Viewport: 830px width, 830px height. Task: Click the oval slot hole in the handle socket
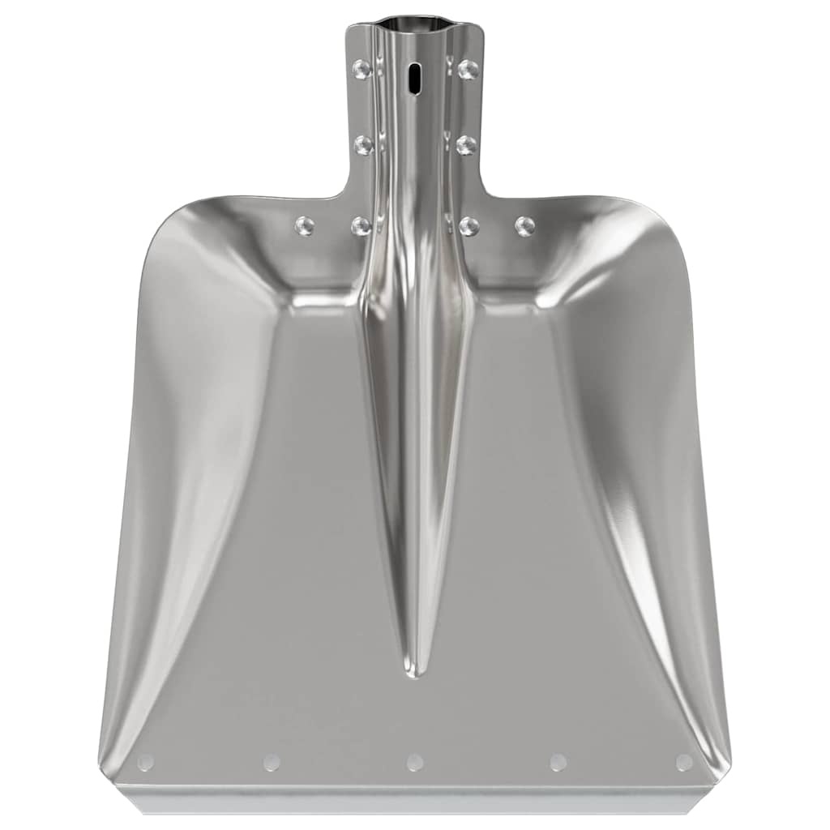click(x=415, y=79)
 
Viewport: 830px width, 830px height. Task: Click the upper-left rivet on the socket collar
click(x=362, y=69)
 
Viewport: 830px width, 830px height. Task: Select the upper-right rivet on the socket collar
click(x=468, y=69)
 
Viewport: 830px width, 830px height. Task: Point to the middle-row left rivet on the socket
click(x=364, y=145)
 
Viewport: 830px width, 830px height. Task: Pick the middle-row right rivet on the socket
click(x=466, y=145)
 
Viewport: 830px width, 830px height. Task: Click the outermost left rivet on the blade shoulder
click(x=305, y=225)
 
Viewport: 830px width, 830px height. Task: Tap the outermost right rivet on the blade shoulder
click(x=525, y=225)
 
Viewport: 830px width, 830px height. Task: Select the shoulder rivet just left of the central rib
click(x=362, y=226)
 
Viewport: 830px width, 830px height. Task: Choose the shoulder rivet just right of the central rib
click(x=468, y=226)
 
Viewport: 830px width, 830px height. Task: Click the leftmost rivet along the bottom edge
click(x=146, y=762)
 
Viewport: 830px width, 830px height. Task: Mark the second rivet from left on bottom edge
click(x=272, y=762)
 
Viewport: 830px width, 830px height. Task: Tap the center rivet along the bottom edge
click(x=415, y=762)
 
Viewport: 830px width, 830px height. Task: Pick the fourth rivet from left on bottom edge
click(x=558, y=762)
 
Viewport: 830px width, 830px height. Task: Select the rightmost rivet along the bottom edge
click(x=684, y=762)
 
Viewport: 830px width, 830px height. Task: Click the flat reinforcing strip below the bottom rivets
click(x=415, y=799)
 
